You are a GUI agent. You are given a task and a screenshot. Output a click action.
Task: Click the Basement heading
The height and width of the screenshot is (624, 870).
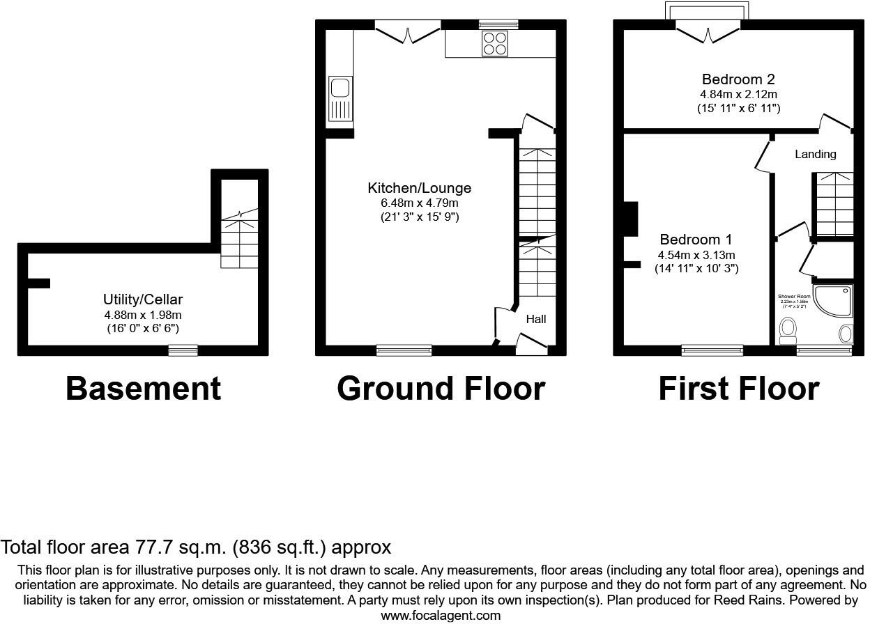pyautogui.click(x=143, y=389)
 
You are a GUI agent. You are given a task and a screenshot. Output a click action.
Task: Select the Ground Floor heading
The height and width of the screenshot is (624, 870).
pyautogui.click(x=441, y=389)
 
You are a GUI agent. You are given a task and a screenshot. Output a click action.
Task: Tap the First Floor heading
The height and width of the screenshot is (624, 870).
pyautogui.click(x=738, y=389)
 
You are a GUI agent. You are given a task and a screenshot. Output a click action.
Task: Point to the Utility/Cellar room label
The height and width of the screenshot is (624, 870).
pyautogui.click(x=143, y=299)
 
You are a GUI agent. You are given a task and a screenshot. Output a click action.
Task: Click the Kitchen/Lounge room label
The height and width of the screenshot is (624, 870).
pyautogui.click(x=419, y=188)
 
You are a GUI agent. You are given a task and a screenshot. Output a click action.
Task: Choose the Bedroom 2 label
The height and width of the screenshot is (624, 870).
pyautogui.click(x=738, y=79)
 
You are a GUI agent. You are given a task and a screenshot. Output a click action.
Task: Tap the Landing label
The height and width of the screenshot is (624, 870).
pyautogui.click(x=815, y=154)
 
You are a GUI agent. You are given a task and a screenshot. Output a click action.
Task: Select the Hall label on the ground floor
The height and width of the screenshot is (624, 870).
pyautogui.click(x=535, y=319)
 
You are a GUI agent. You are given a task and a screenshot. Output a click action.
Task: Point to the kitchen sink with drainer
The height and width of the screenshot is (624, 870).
pyautogui.click(x=340, y=100)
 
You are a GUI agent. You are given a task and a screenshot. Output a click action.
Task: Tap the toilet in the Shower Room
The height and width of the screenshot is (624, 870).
pyautogui.click(x=788, y=331)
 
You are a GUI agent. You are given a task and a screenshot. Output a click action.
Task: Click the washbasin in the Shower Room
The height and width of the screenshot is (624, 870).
pyautogui.click(x=846, y=334)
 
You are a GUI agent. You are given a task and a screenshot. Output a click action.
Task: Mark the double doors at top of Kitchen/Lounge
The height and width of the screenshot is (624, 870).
pyautogui.click(x=408, y=32)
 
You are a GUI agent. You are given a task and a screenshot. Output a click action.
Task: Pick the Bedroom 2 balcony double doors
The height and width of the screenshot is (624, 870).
pyautogui.click(x=708, y=32)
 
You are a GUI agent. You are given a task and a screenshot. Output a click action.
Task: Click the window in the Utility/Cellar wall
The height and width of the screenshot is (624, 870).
pyautogui.click(x=183, y=350)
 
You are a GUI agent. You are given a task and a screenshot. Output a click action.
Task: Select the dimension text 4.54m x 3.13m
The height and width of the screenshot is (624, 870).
pyautogui.click(x=697, y=255)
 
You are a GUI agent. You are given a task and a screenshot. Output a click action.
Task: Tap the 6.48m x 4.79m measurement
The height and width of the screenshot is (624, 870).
pyautogui.click(x=419, y=203)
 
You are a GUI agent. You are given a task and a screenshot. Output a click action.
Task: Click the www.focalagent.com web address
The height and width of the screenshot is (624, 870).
pyautogui.click(x=441, y=615)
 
